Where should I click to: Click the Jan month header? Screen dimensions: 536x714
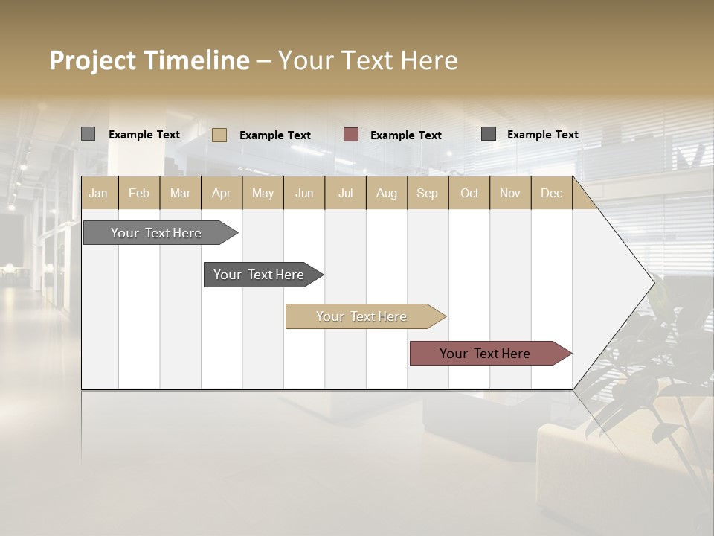(x=98, y=193)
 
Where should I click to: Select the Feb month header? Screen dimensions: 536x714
(x=139, y=193)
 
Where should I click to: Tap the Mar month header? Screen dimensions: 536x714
(x=180, y=193)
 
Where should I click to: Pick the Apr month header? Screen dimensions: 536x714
(x=222, y=193)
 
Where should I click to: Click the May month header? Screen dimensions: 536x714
(x=263, y=193)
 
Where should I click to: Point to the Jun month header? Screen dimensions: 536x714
(x=304, y=193)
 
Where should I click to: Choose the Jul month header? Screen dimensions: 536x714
(x=345, y=193)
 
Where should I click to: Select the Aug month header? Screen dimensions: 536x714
(x=387, y=193)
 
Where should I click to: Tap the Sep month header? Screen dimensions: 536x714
(x=427, y=193)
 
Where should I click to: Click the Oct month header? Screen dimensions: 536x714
(x=469, y=193)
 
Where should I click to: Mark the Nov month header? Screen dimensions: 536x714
(x=510, y=193)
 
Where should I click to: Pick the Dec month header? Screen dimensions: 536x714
(x=551, y=193)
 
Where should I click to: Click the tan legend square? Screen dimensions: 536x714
(x=219, y=135)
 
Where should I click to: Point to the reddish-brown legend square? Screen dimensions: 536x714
(x=351, y=134)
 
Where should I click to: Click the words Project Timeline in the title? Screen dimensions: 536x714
(x=149, y=60)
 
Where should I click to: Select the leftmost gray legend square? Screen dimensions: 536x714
(x=88, y=134)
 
